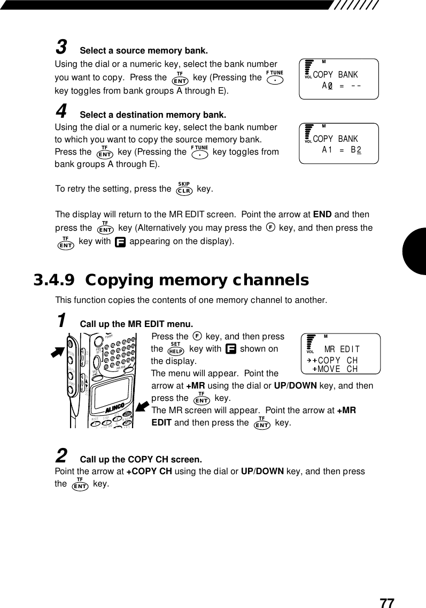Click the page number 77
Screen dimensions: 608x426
click(387, 603)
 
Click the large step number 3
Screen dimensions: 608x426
click(61, 48)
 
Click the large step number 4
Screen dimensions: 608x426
click(61, 111)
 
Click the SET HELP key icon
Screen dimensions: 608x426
click(175, 350)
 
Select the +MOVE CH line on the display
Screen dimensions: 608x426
click(335, 369)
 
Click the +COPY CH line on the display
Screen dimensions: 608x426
click(335, 360)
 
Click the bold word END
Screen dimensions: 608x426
click(322, 215)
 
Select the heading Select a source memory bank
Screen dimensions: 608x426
click(143, 51)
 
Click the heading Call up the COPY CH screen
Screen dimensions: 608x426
click(141, 460)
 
